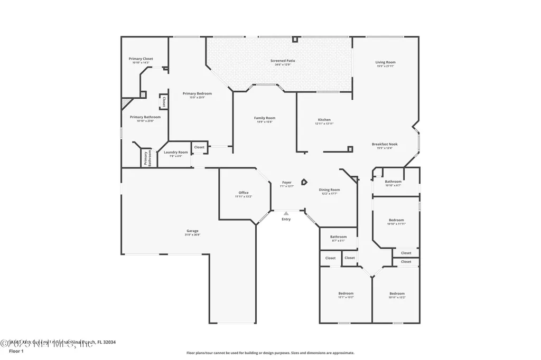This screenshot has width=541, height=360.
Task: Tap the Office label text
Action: (x=244, y=193)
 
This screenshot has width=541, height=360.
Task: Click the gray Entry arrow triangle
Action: (x=286, y=213)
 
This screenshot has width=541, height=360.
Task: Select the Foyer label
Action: (x=286, y=183)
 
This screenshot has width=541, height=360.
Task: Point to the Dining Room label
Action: (x=329, y=190)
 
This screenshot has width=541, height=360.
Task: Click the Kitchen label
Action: (x=324, y=120)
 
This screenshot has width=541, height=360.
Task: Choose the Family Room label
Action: (x=265, y=118)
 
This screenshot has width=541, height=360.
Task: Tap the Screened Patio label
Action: (x=283, y=61)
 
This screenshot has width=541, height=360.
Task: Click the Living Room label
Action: (x=386, y=62)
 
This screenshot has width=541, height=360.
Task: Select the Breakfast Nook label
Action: (x=385, y=144)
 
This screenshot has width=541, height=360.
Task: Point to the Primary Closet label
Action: (x=141, y=59)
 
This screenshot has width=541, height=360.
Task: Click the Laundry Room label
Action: (x=176, y=152)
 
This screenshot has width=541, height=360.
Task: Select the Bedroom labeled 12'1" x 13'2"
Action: (x=346, y=293)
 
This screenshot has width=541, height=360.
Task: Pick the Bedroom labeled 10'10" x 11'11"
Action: (x=396, y=220)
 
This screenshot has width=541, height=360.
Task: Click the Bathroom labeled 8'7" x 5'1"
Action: (x=338, y=237)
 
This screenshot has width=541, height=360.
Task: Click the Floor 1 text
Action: (x=16, y=350)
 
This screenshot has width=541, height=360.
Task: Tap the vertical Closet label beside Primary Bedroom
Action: (x=164, y=101)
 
